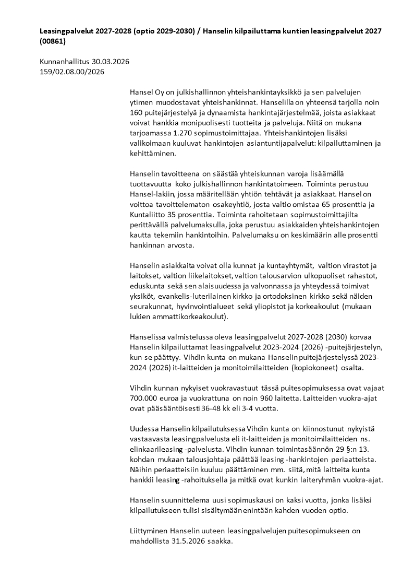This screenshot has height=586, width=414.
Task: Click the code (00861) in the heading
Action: point(53,42)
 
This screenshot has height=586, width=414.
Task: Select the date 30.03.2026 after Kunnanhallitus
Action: point(111,62)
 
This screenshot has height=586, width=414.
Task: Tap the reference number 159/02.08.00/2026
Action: point(72,72)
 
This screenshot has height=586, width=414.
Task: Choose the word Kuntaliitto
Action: point(149,214)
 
